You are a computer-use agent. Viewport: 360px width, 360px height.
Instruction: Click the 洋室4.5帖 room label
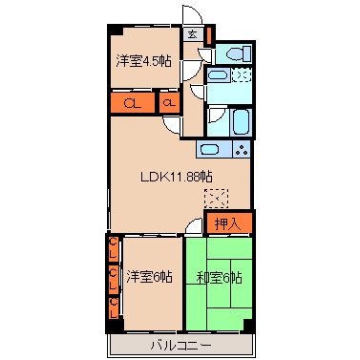tap(143, 61)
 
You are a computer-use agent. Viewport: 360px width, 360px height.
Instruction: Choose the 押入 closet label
tap(228, 224)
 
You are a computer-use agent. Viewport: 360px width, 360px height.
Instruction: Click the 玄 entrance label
tap(191, 35)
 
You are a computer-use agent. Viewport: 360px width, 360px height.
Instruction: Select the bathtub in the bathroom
tap(229, 122)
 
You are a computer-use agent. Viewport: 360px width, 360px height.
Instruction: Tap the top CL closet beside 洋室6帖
tap(113, 253)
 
